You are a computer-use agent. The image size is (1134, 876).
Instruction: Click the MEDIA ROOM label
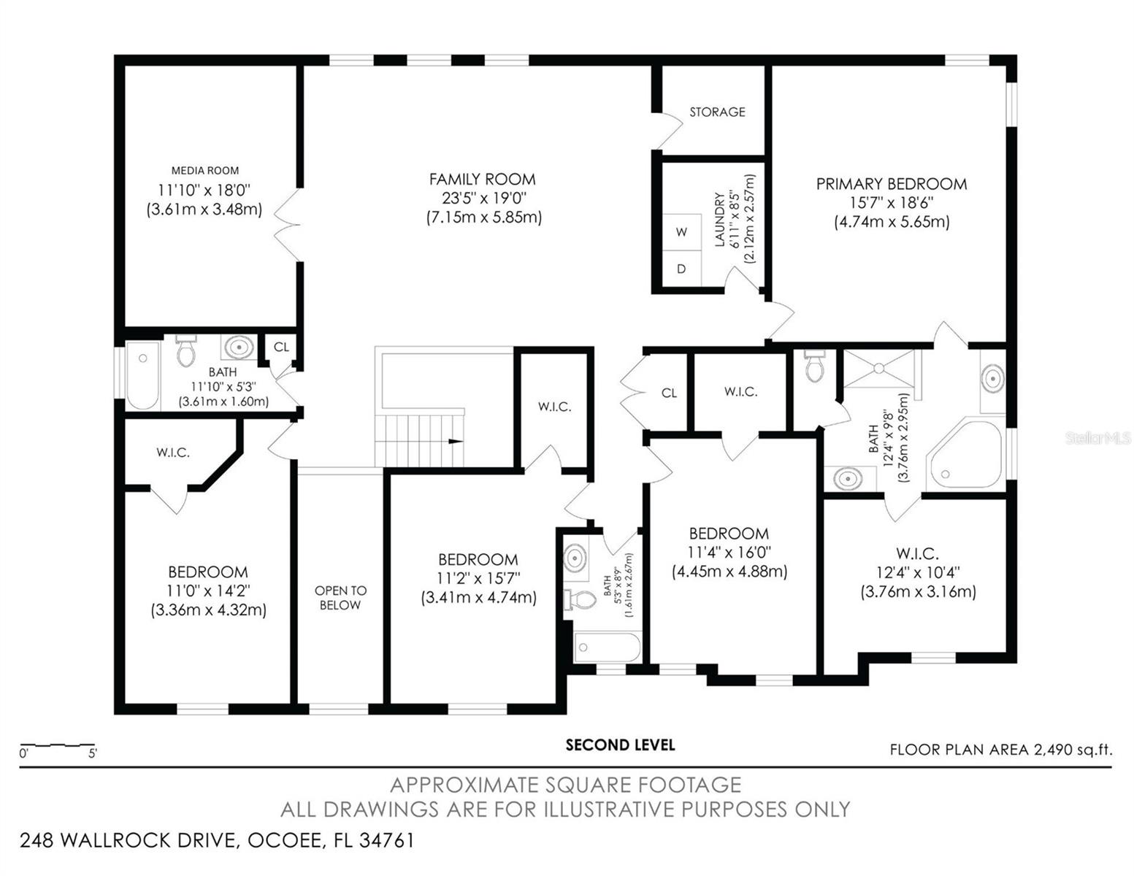[205, 171]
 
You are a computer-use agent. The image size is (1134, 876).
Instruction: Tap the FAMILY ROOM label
[483, 180]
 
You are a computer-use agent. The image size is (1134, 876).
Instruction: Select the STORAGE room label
[717, 112]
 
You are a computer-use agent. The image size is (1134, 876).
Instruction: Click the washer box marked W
[681, 232]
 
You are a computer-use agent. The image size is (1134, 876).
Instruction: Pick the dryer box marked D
[681, 268]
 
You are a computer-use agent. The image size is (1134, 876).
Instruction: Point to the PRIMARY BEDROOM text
[892, 184]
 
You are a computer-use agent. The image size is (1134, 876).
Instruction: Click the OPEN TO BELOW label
[340, 598]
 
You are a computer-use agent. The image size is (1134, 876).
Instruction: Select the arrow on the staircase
[456, 442]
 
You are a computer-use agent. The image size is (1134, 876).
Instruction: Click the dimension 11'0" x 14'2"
[209, 591]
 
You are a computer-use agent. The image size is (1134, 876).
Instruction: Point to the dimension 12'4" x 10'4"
[918, 573]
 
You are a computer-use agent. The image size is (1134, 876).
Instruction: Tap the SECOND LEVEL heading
[620, 745]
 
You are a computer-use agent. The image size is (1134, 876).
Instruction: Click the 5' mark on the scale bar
[92, 753]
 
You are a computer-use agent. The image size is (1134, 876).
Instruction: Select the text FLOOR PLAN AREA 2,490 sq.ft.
[1001, 750]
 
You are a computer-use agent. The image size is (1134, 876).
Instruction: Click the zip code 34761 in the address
[387, 840]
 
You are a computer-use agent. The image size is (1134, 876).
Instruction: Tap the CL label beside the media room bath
[281, 347]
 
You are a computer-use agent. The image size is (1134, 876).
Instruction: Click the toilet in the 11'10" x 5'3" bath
[185, 350]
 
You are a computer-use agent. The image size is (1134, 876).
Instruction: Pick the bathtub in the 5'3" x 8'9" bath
[607, 647]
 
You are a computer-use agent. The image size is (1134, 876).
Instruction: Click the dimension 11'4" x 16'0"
[729, 553]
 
